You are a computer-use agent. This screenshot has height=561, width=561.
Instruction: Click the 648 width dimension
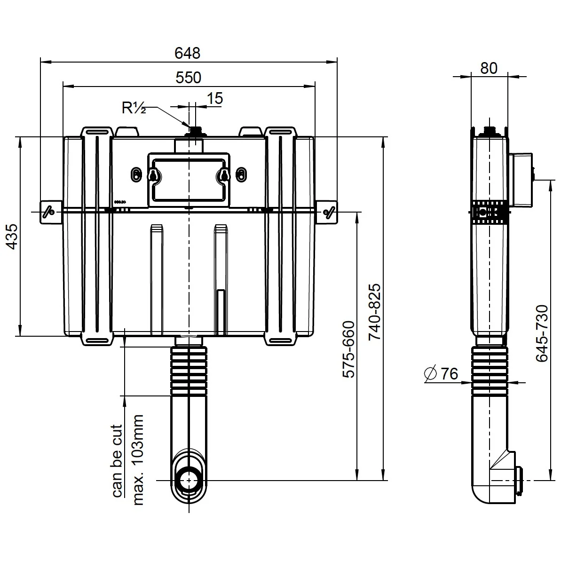pyautogui.click(x=187, y=53)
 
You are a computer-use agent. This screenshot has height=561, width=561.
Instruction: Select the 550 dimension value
pyautogui.click(x=188, y=78)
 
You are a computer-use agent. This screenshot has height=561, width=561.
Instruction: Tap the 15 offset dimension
pyautogui.click(x=214, y=98)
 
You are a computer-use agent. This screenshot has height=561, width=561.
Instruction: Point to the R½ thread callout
pyautogui.click(x=134, y=109)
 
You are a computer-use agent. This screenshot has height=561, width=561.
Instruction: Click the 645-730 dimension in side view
pyautogui.click(x=542, y=333)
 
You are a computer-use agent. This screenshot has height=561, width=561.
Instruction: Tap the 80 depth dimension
pyautogui.click(x=489, y=68)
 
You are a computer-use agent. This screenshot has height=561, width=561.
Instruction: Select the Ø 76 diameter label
pyautogui.click(x=441, y=374)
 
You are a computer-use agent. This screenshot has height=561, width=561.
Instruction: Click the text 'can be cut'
pyautogui.click(x=117, y=461)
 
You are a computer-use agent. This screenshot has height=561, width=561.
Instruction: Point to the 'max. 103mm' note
pyautogui.click(x=138, y=460)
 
